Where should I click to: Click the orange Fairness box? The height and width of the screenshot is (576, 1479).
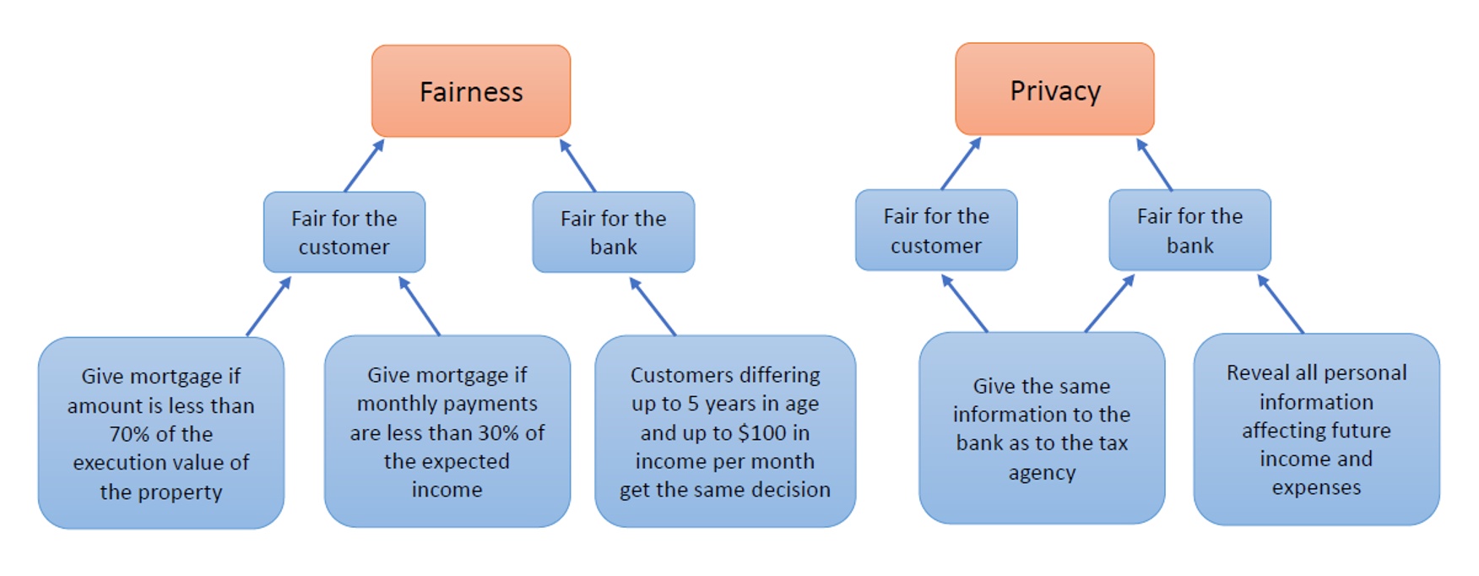click(x=471, y=91)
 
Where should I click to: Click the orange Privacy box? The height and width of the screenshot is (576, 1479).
click(x=1054, y=90)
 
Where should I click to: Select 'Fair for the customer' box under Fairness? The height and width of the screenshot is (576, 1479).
click(x=344, y=232)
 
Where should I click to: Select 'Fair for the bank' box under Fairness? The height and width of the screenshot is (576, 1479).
click(x=613, y=232)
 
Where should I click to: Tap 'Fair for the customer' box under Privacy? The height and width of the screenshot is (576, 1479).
click(x=935, y=231)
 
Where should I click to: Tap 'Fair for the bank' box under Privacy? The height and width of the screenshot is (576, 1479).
click(x=1189, y=231)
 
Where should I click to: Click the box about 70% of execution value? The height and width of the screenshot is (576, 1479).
click(x=160, y=433)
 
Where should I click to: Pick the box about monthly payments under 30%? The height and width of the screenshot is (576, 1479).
click(x=447, y=432)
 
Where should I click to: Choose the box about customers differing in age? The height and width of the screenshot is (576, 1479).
click(x=724, y=432)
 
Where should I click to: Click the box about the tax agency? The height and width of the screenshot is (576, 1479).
click(x=1041, y=428)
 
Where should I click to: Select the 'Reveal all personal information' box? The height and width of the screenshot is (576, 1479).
click(x=1316, y=430)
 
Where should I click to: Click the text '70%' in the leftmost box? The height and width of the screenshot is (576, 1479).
click(x=127, y=434)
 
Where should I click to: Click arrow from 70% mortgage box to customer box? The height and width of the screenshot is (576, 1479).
click(x=268, y=307)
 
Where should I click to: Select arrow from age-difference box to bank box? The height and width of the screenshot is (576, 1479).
click(x=653, y=307)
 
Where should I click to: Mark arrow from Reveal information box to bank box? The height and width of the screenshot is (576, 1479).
click(x=1281, y=304)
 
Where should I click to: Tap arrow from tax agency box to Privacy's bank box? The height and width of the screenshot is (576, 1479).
click(x=1109, y=303)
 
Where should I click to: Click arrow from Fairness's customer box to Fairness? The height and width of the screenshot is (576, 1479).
click(x=364, y=166)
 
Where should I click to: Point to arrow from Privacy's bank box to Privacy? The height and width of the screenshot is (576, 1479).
click(x=1154, y=165)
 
